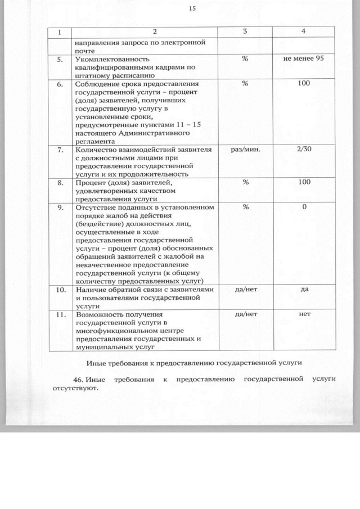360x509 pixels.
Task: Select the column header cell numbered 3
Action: (x=245, y=31)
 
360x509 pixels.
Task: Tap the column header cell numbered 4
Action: (x=304, y=31)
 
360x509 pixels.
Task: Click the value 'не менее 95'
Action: (x=304, y=58)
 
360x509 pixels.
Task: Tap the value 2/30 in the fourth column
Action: (x=304, y=150)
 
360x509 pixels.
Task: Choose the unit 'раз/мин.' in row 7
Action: (x=245, y=150)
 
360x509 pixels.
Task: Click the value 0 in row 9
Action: (x=304, y=208)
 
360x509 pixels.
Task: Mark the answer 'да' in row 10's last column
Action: (x=304, y=290)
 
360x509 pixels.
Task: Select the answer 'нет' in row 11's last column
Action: (x=304, y=315)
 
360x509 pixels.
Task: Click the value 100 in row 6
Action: (x=304, y=84)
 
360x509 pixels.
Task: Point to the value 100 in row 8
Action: (x=304, y=183)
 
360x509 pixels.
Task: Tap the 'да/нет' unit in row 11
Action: (x=245, y=315)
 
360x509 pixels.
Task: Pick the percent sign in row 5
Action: (x=245, y=58)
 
